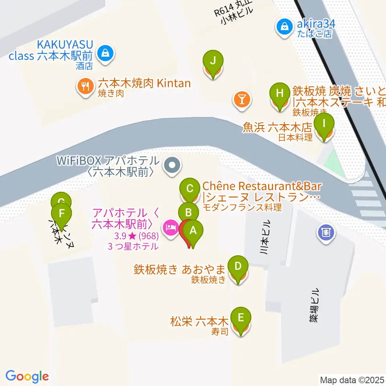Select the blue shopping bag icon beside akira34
pos(285,27)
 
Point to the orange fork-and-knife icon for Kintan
pos(85,87)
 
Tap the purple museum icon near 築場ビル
pos(326,232)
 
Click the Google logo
pos(27,376)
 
